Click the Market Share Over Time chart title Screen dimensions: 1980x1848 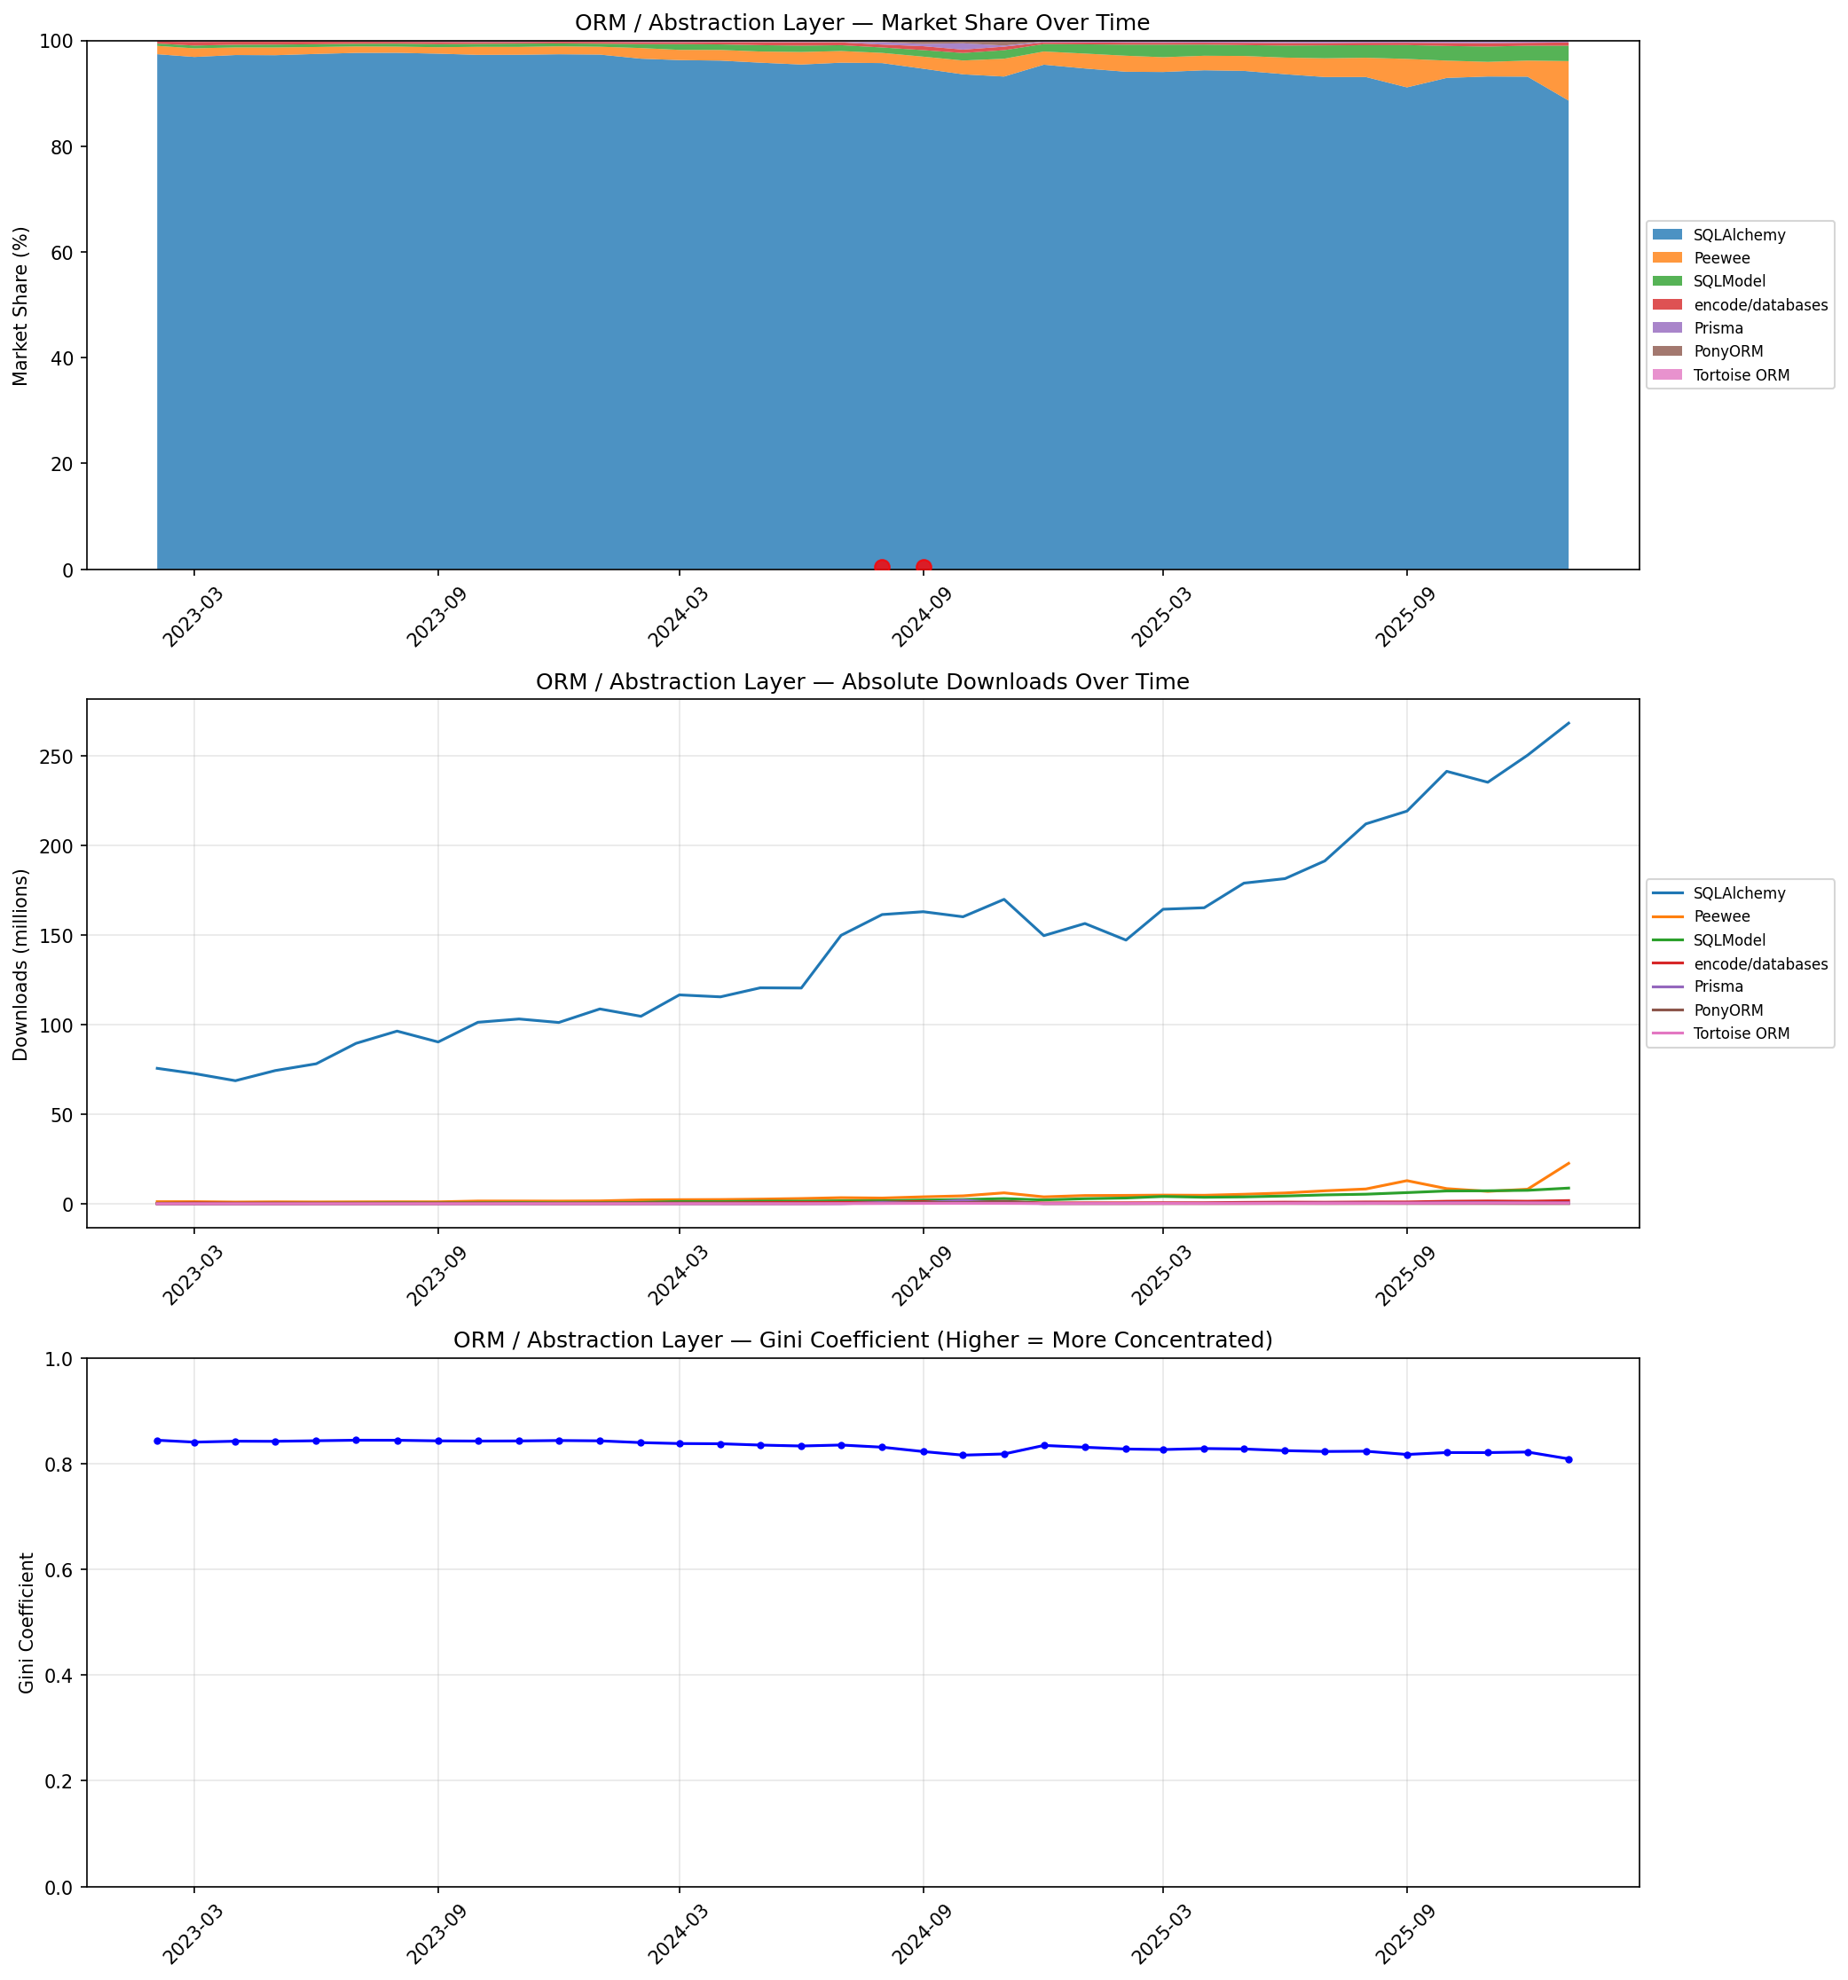(861, 23)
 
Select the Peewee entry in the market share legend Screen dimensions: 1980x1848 (1720, 258)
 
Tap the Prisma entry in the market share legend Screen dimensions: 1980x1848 (1718, 327)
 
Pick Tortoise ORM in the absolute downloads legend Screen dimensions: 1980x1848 (1741, 1033)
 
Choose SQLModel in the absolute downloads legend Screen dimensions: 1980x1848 (1728, 939)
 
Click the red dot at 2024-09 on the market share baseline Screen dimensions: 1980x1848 (924, 568)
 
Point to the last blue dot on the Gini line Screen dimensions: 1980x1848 (1568, 1460)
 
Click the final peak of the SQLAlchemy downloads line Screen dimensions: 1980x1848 (1568, 723)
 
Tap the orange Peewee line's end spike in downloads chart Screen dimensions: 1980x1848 (1568, 1163)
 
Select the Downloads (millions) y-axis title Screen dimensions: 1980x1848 (21, 964)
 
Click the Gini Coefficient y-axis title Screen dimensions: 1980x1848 (27, 1622)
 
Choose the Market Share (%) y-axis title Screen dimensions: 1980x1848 (21, 306)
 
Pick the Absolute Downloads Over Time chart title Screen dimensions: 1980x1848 (861, 682)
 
